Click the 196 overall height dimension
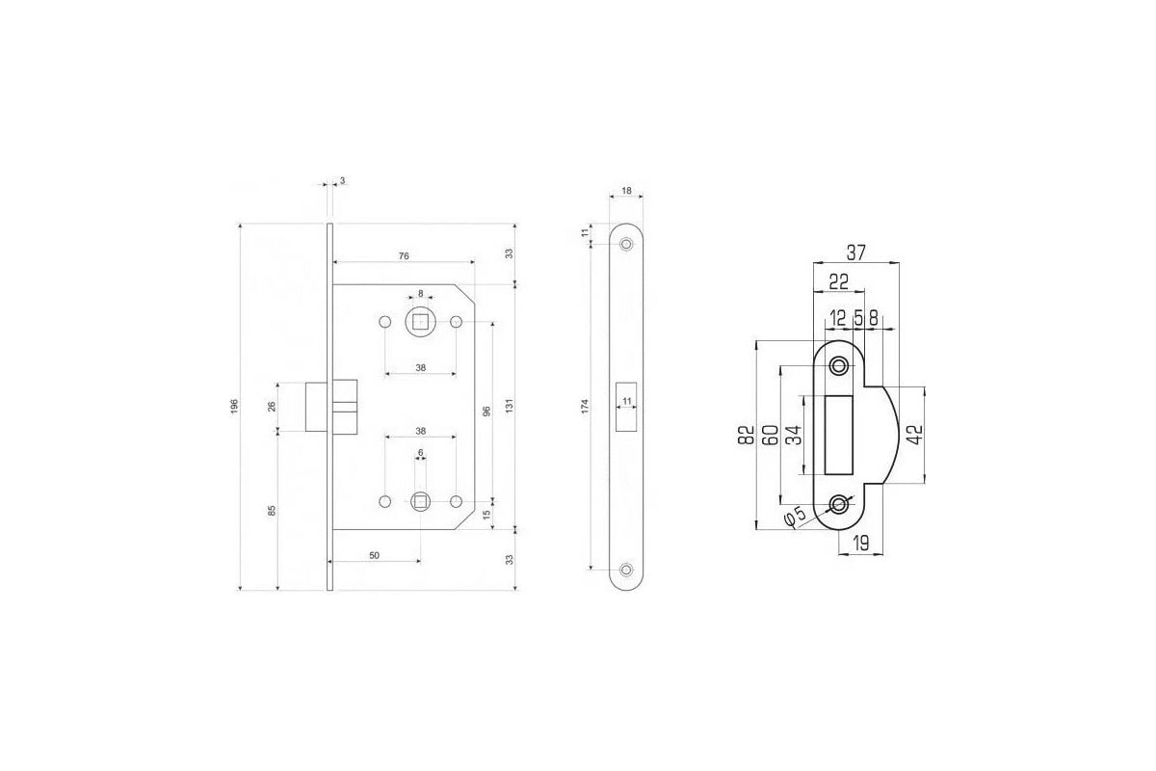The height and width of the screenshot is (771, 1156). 235,407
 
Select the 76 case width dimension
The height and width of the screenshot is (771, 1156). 404,256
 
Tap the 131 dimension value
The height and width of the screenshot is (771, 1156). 510,407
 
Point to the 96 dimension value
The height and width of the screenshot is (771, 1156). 486,412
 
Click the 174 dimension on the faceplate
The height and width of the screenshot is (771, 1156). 585,407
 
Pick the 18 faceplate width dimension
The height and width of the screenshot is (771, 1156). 626,191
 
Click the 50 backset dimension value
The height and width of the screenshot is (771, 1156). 375,556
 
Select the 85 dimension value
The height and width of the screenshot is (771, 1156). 272,511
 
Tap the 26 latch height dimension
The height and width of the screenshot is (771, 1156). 272,407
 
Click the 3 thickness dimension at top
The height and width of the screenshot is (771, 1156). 342,181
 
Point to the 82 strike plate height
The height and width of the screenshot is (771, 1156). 747,435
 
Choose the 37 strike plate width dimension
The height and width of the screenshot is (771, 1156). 856,253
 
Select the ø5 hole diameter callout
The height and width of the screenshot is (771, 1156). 795,517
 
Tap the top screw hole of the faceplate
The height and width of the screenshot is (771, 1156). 626,244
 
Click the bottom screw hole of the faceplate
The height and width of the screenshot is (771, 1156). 626,570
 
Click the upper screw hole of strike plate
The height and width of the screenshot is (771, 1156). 838,366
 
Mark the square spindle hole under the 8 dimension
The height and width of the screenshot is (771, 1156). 421,322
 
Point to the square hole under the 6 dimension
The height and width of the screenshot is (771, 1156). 420,501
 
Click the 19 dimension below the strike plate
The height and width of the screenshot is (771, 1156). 861,543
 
